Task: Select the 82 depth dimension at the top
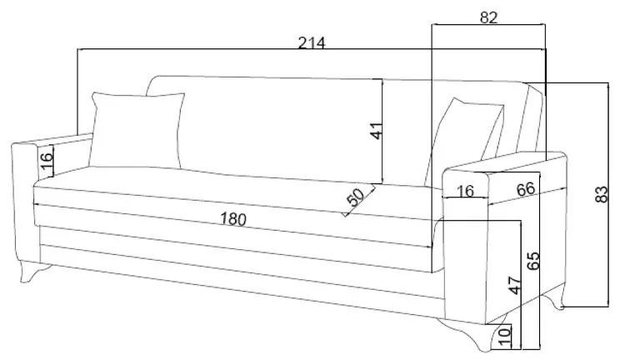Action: tap(489, 17)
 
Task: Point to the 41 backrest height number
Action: tap(376, 131)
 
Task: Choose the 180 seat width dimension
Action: tap(233, 219)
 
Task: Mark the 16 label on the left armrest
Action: tap(47, 161)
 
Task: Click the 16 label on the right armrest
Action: tap(465, 192)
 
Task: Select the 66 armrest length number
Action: tap(525, 189)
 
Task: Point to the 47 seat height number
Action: tap(514, 284)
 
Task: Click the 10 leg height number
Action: tap(505, 336)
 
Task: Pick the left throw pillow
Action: tap(137, 129)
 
